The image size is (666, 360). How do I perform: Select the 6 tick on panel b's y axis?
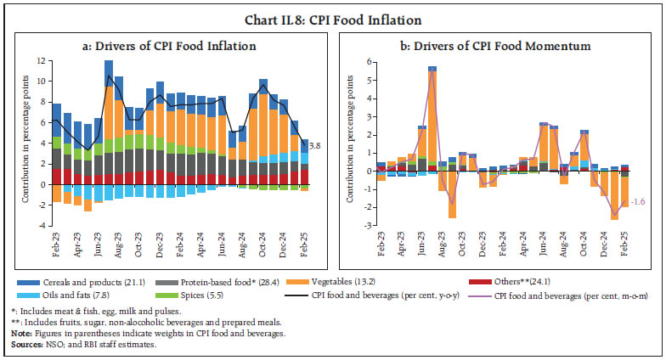368,62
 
